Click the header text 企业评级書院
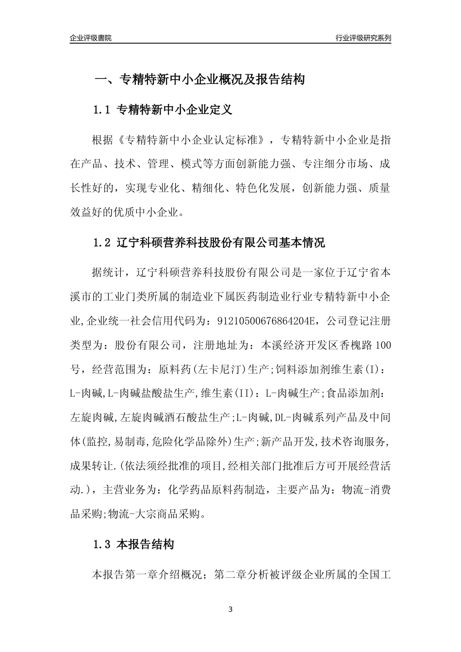tap(90, 38)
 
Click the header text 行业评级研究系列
tap(363, 38)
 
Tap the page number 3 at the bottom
tap(230, 609)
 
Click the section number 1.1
tap(102, 110)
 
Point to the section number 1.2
tap(102, 243)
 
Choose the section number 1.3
tap(102, 545)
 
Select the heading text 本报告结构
tap(146, 545)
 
